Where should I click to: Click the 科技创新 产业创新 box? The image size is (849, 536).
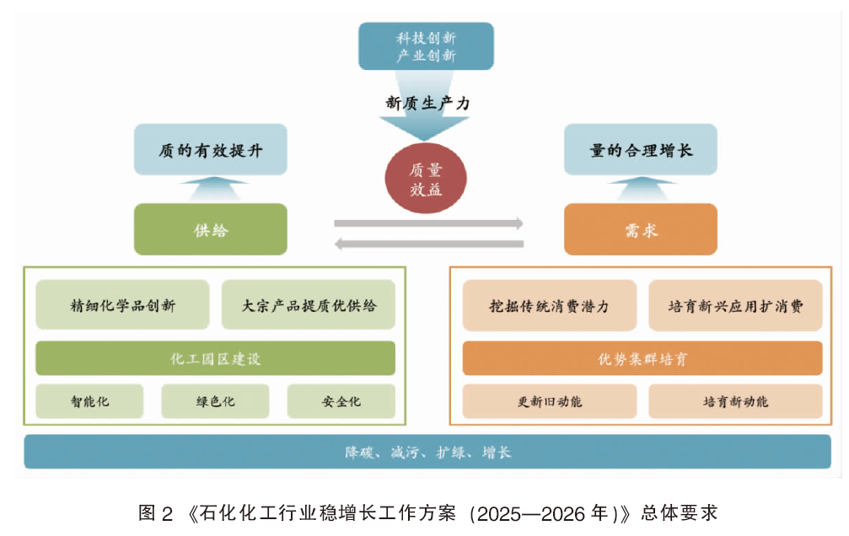coord(426,46)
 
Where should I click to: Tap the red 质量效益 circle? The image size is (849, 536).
coord(426,178)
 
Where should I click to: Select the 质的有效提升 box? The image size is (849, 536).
coord(211,149)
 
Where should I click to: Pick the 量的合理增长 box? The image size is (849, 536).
coord(641,149)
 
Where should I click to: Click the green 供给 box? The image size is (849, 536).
coord(211,229)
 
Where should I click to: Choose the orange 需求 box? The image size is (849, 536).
coord(641,229)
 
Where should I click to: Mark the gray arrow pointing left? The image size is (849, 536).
coord(429,244)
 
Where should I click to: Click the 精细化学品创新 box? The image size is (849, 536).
coord(122,305)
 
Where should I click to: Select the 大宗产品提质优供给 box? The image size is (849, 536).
coord(309,305)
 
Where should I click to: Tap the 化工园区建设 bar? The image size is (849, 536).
coord(216,358)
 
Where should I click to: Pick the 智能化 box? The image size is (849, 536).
coord(89,401)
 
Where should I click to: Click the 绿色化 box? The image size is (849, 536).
coord(216,401)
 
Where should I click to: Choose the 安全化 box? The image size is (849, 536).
coord(341,401)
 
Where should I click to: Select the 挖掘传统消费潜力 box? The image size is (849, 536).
coord(550,306)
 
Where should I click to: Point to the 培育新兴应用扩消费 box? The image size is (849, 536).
coord(735,306)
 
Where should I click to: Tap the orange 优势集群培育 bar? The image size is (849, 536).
coord(642,358)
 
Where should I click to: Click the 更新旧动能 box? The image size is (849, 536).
coord(550,401)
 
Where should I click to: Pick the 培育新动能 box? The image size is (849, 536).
coord(735,401)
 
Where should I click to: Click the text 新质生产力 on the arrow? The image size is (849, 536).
coord(427,103)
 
